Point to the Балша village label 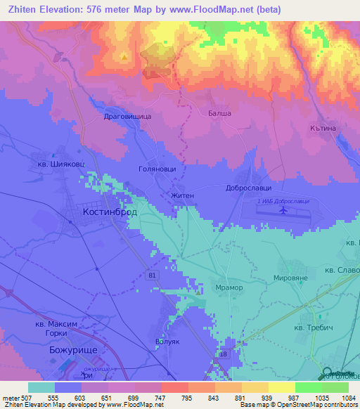tap(220, 113)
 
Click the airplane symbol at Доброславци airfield tap(283, 209)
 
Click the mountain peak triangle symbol tap(125, 57)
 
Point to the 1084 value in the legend tap(348, 396)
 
